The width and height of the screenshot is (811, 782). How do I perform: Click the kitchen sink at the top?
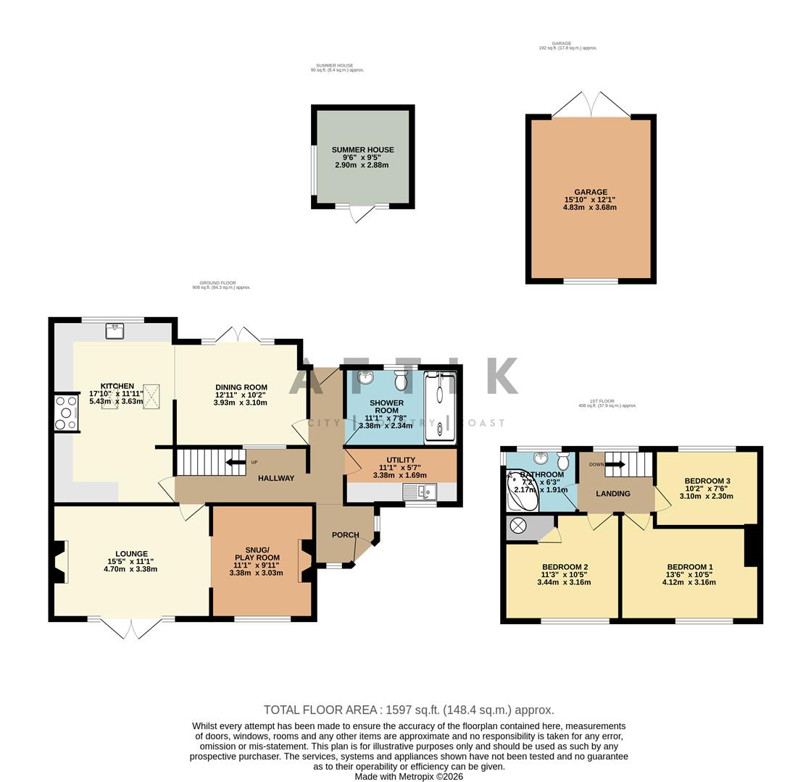115,331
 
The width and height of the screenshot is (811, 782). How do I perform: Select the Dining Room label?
241,387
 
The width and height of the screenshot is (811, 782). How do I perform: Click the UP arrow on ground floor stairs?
236,462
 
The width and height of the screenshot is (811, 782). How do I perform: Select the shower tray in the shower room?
440,407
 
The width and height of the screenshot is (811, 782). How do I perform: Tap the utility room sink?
418,492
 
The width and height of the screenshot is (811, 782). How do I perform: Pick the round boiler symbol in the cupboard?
518,526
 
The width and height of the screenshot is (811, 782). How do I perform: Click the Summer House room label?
362,150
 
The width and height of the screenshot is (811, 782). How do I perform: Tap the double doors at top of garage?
591,106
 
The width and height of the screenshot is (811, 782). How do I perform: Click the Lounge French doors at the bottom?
131,628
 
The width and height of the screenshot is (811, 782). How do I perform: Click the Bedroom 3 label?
707,481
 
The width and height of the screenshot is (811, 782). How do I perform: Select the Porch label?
345,535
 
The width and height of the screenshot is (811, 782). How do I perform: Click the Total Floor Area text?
408,710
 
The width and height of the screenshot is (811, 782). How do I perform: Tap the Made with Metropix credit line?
408,776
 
